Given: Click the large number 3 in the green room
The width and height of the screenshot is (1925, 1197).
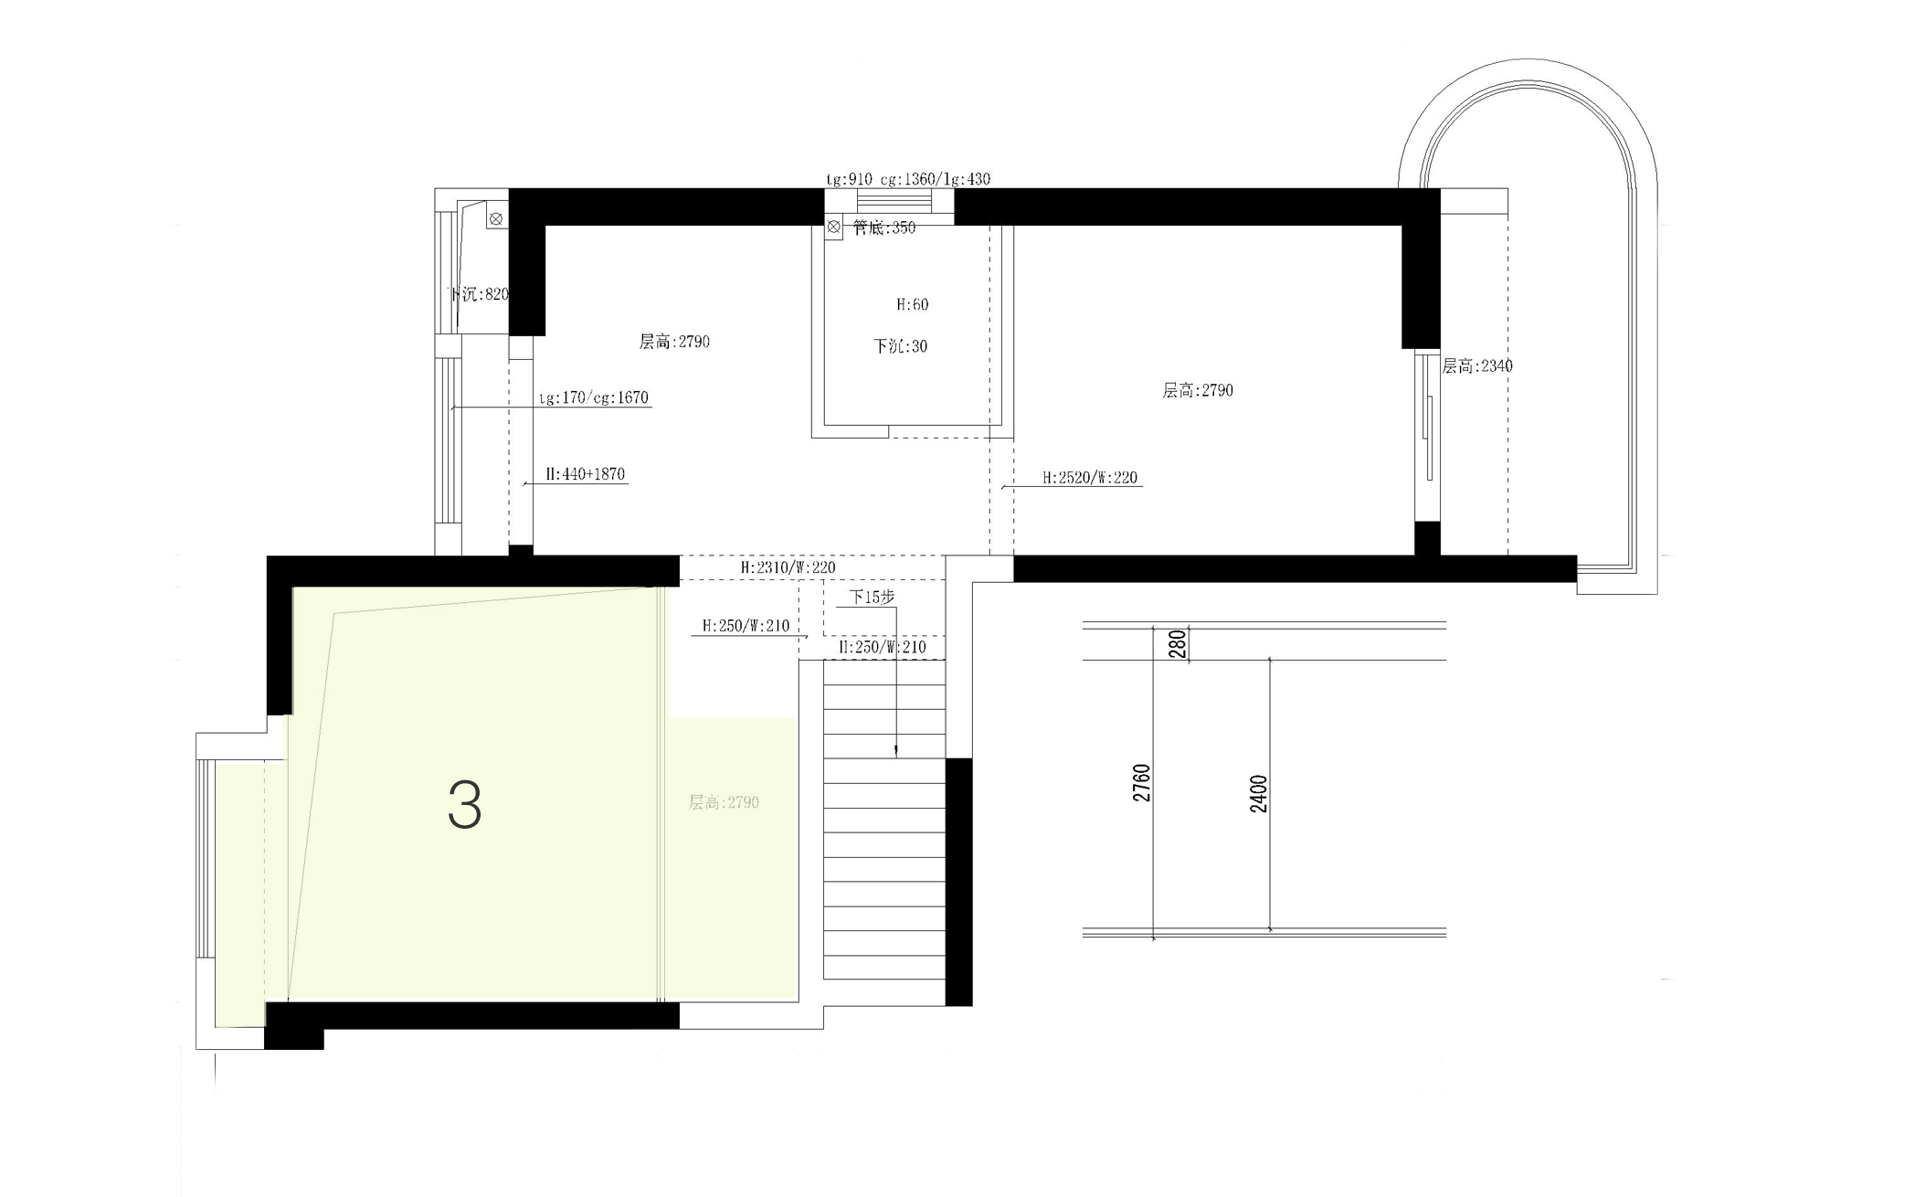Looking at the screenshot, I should tap(464, 805).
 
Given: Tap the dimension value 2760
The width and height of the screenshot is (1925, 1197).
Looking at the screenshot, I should tap(1141, 783).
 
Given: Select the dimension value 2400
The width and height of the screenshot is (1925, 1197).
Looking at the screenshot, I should tap(1258, 793).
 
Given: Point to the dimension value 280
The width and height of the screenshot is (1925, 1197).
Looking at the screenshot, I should tap(1178, 643).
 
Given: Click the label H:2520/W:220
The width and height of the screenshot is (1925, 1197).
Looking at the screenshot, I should tap(1090, 478).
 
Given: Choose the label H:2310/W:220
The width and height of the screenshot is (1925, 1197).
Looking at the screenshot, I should tap(788, 567).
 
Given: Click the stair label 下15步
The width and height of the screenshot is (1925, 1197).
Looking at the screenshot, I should tap(872, 597).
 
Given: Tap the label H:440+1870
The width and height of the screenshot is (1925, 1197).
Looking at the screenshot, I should tap(585, 474).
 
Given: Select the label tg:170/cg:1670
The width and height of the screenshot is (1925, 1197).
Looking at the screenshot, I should tap(593, 397).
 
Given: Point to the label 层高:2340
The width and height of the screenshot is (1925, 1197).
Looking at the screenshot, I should tap(1477, 366).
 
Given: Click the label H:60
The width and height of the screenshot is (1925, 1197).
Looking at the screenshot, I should tap(912, 304).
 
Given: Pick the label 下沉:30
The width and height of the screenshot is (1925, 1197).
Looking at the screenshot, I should tap(900, 346).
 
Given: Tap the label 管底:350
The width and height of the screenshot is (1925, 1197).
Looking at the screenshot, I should tap(883, 228).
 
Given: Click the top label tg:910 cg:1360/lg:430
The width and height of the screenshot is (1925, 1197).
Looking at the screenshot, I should tap(907, 179).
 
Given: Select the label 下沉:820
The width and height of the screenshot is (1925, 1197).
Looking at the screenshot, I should tap(478, 294).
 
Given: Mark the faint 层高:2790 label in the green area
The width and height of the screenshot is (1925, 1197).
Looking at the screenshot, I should tap(724, 802).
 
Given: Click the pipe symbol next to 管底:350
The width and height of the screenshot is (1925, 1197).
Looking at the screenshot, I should tap(833, 226).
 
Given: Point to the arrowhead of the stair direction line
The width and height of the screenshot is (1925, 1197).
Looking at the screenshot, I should tap(895, 751).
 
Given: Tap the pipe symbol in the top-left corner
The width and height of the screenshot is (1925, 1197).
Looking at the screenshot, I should tap(495, 219).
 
